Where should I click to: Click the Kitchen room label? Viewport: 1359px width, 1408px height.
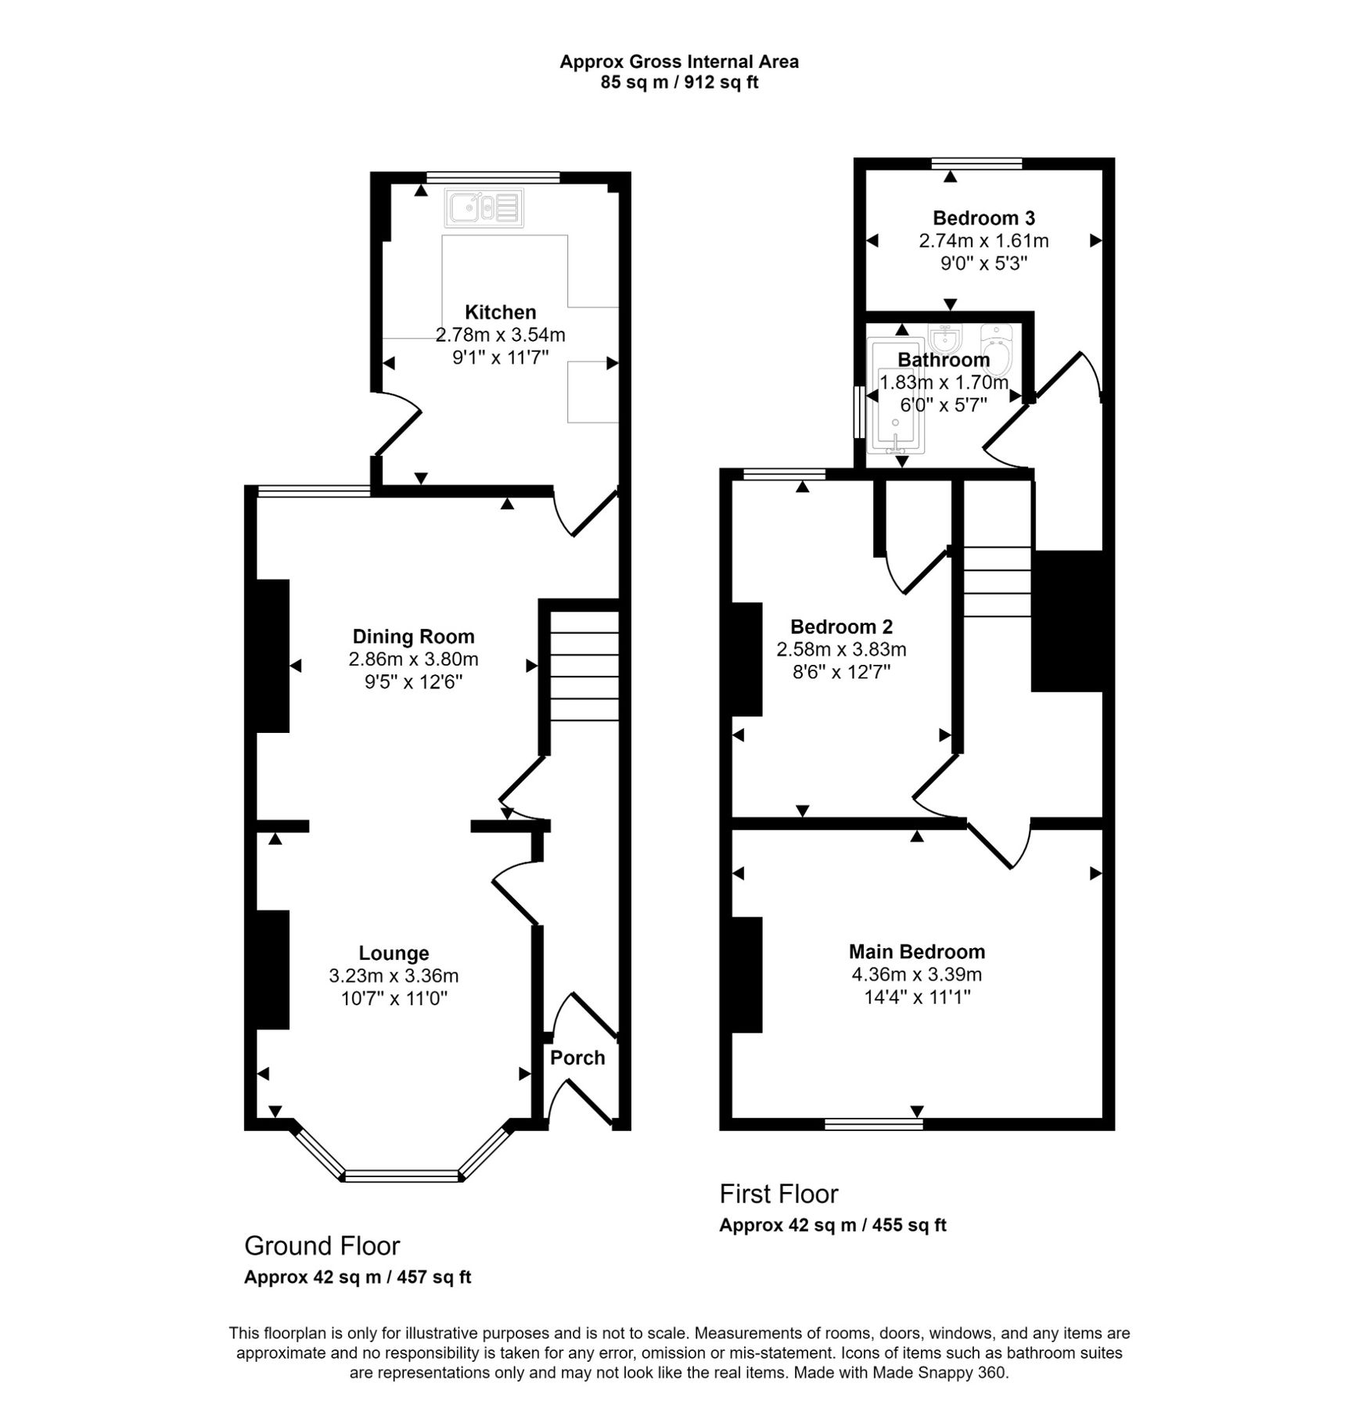click(500, 312)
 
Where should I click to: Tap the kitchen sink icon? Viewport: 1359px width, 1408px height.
click(484, 208)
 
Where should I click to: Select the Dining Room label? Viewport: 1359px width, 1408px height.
click(413, 636)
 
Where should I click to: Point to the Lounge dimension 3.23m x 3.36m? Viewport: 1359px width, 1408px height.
click(394, 975)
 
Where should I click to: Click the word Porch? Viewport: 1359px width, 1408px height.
click(577, 1058)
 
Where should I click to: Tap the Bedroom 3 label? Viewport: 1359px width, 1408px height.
click(983, 217)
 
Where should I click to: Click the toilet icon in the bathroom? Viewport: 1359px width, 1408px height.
click(997, 349)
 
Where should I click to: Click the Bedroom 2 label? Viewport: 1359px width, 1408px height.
click(841, 627)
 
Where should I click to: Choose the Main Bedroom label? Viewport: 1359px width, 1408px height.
click(917, 951)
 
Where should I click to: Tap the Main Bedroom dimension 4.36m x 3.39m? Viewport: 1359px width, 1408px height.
click(917, 975)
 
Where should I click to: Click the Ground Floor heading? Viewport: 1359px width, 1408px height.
click(322, 1245)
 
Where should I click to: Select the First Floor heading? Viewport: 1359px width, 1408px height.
click(778, 1194)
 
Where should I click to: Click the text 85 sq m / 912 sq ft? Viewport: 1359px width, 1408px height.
click(679, 82)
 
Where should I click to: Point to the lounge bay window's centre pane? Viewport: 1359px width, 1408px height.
click(401, 1174)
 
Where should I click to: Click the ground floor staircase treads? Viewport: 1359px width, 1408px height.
click(584, 666)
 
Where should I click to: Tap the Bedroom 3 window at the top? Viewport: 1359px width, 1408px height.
click(976, 163)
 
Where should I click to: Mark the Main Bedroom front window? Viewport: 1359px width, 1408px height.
click(874, 1124)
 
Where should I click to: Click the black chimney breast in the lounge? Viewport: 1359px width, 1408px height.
click(272, 969)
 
